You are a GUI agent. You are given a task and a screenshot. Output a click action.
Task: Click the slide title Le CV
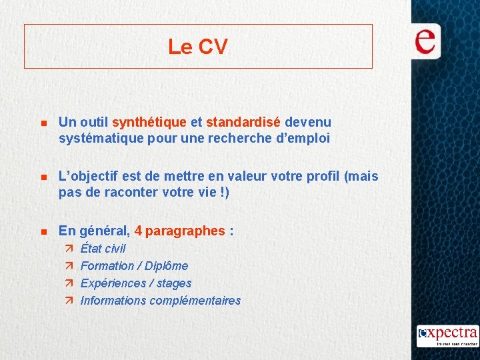[x=197, y=47]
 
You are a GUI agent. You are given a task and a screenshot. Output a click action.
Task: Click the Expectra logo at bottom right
[x=447, y=335]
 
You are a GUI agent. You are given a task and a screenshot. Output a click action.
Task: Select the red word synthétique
[x=149, y=122]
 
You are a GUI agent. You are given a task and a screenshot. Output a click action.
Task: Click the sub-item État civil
[x=103, y=249]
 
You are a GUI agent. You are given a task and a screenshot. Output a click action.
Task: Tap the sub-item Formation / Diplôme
[x=134, y=266]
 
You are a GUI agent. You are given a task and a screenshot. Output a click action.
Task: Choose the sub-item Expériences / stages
[x=135, y=283]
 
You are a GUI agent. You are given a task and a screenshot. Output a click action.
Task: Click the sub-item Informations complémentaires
[x=160, y=301]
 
